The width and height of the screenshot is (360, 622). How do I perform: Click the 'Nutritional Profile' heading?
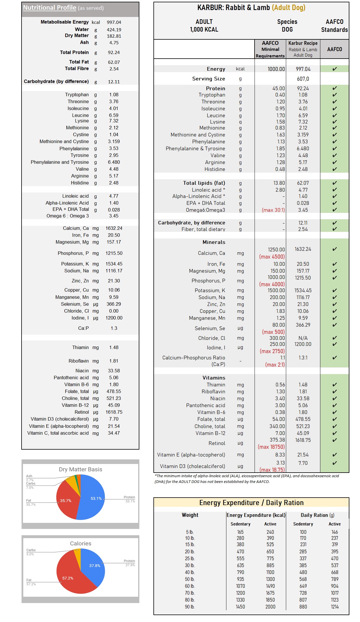[50, 8]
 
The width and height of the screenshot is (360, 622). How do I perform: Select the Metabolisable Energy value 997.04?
[114, 22]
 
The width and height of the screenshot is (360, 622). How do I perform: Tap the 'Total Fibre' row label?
[77, 69]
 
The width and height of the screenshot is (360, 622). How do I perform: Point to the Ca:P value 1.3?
[114, 328]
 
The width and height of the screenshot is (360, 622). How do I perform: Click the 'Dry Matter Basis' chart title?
[80, 469]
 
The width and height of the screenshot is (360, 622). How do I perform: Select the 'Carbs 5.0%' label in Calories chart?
[30, 552]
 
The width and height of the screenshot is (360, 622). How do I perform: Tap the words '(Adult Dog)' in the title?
[288, 8]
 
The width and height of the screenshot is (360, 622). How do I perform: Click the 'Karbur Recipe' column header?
[303, 43]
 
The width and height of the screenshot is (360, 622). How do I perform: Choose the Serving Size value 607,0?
[303, 79]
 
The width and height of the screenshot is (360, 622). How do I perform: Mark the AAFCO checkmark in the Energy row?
[334, 69]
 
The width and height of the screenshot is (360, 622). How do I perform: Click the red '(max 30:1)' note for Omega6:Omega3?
[273, 210]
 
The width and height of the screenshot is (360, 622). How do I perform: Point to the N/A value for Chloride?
[303, 338]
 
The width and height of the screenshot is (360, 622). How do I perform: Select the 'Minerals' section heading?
[214, 242]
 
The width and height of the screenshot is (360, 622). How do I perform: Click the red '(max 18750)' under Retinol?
[271, 447]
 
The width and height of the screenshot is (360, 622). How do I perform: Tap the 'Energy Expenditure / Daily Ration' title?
[251, 502]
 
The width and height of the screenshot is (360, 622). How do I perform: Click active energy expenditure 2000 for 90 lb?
[270, 607]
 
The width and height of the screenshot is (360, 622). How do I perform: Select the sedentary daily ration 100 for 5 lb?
[303, 532]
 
